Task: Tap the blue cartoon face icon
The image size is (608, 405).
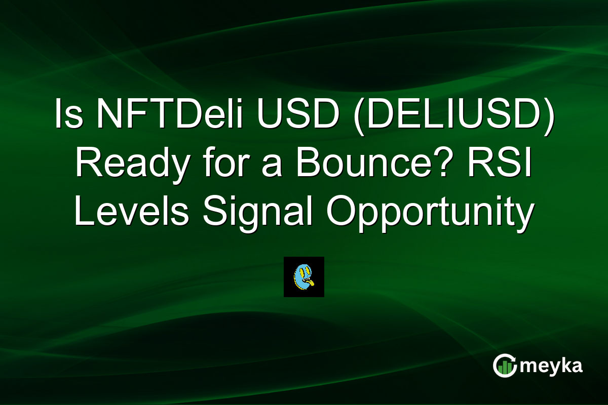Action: [x=303, y=277]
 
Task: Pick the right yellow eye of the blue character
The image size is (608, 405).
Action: [x=307, y=271]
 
